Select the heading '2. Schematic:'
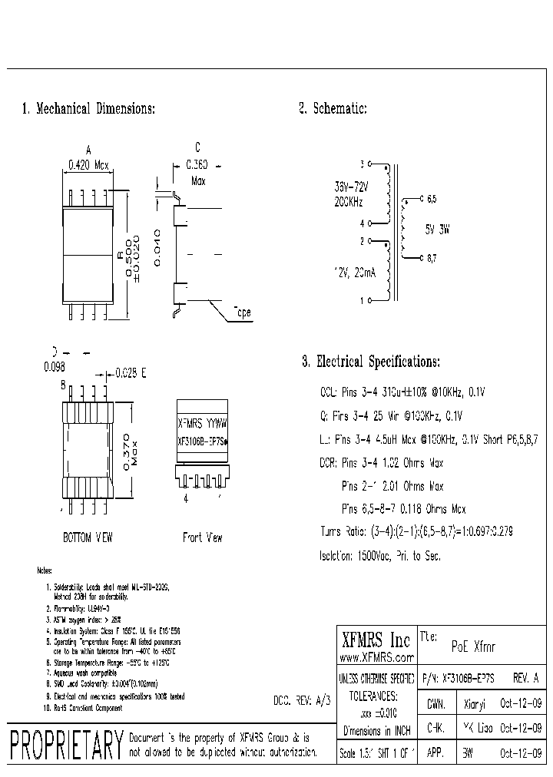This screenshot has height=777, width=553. [x=333, y=110]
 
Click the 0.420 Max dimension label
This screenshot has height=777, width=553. [x=90, y=164]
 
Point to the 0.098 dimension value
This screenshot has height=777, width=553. [x=55, y=368]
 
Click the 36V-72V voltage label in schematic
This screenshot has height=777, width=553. [x=351, y=187]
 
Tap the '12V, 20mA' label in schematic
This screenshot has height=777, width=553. [x=354, y=273]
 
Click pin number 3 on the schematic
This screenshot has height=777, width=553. [x=363, y=164]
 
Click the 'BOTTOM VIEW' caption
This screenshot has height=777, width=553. [x=88, y=537]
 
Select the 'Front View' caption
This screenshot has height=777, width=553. [x=203, y=537]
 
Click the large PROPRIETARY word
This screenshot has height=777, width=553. [x=67, y=743]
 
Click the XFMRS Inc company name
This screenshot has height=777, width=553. [x=376, y=640]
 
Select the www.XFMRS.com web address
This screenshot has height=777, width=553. [x=376, y=657]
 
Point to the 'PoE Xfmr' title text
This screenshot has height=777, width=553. [x=472, y=647]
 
